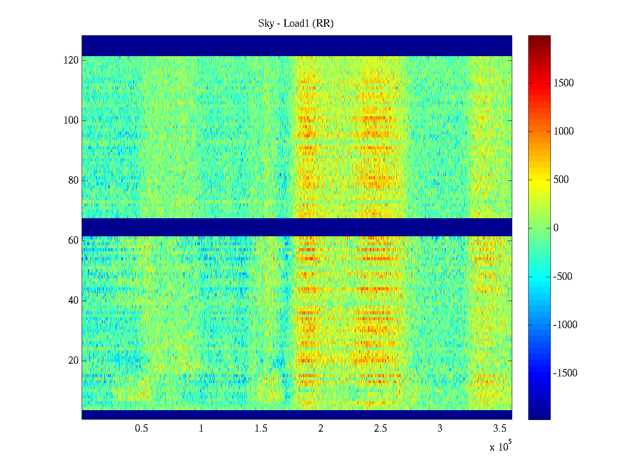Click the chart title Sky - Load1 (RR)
pyautogui.click(x=296, y=24)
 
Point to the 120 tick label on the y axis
pyautogui.click(x=71, y=60)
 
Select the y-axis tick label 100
pyautogui.click(x=71, y=120)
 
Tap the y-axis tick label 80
pyautogui.click(x=73, y=181)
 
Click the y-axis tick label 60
pyautogui.click(x=73, y=241)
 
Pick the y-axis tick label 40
pyautogui.click(x=73, y=301)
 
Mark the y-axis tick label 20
pyautogui.click(x=73, y=361)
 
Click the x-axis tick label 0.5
pyautogui.click(x=141, y=429)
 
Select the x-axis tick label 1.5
pyautogui.click(x=261, y=429)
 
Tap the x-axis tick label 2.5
pyautogui.click(x=380, y=429)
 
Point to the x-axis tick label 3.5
pyautogui.click(x=500, y=429)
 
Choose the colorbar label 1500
pyautogui.click(x=564, y=83)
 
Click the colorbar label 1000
pyautogui.click(x=564, y=131)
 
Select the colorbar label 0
pyautogui.click(x=556, y=228)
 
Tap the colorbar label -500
pyautogui.click(x=563, y=276)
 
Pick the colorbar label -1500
pyautogui.click(x=565, y=373)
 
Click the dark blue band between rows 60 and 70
pyautogui.click(x=297, y=227)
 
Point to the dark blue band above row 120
pyautogui.click(x=297, y=46)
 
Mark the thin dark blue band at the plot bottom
pyautogui.click(x=297, y=414)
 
